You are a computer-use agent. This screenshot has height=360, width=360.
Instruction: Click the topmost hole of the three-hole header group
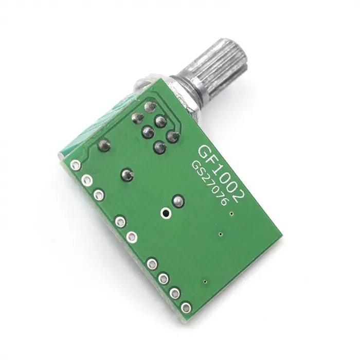pos(76,166)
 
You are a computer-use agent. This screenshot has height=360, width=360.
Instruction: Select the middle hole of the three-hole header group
pos(87,180)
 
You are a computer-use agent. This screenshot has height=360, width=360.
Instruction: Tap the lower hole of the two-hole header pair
pos(132,237)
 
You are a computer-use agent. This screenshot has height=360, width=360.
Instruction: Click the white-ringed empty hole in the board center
pos(166,212)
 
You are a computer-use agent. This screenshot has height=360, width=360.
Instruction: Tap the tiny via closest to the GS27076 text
pos(232,212)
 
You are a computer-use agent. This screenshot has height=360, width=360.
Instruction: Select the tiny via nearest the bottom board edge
pos(206,281)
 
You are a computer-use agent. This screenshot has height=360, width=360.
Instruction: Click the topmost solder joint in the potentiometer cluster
pos(150,107)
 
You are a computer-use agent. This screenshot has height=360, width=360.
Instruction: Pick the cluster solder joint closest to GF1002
pos(173,137)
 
